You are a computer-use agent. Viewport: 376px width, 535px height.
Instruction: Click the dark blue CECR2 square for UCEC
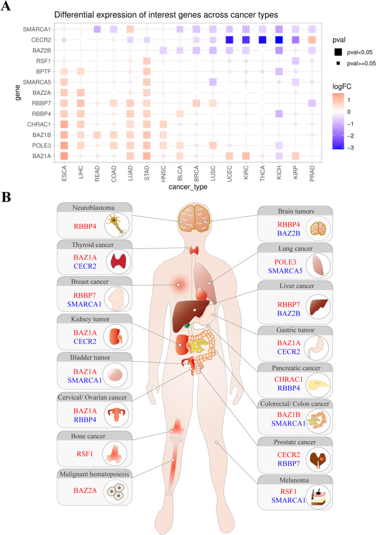229,39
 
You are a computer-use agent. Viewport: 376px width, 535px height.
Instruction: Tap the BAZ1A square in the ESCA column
64,156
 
